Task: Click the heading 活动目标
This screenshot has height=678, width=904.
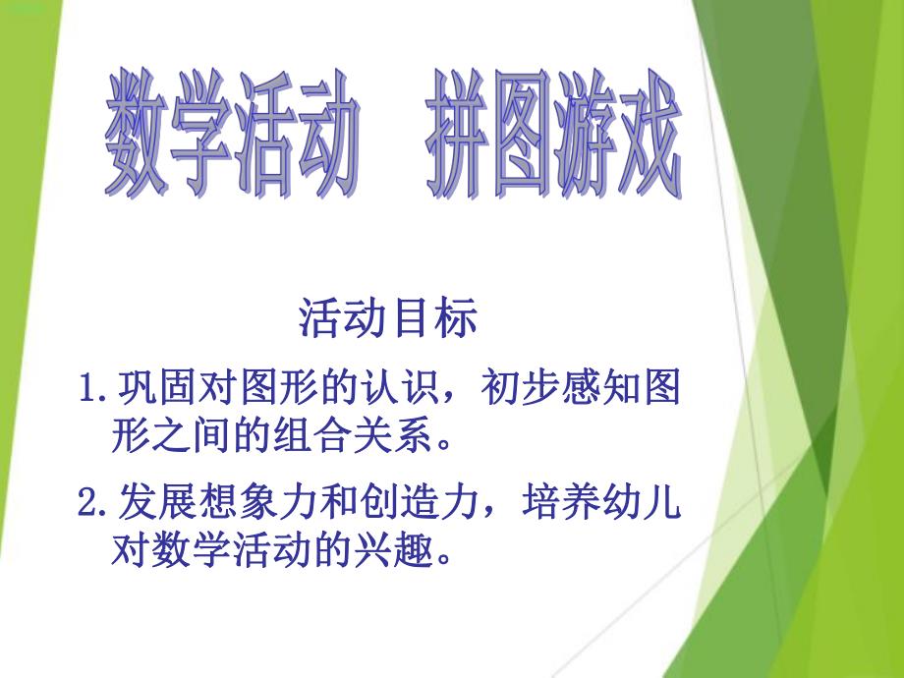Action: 388,318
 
